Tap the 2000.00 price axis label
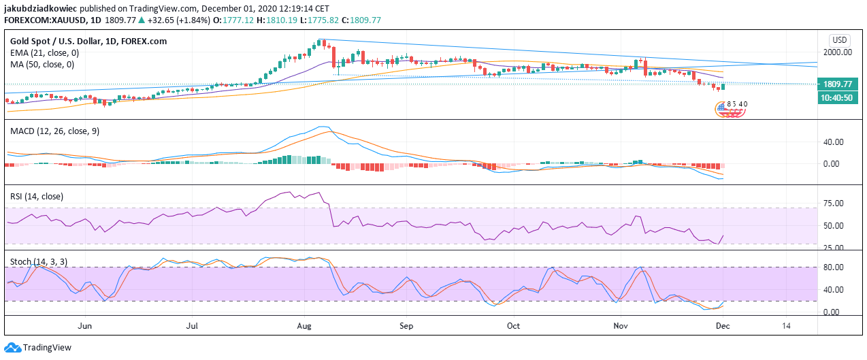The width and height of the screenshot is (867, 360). pos(838,52)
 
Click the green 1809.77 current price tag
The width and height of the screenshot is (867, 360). pos(837,84)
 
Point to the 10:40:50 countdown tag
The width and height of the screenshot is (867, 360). pos(837,98)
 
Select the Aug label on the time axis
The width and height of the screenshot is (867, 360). pos(304,325)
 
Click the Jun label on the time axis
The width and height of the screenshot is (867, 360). pos(85,325)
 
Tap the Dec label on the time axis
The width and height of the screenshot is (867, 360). pos(723,325)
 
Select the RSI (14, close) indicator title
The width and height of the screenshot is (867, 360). pos(37,196)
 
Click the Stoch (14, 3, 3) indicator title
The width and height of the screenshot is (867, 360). pos(38,261)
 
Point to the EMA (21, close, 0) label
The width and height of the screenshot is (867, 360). pos(44,52)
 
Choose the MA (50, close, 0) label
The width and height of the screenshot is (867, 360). pos(42,64)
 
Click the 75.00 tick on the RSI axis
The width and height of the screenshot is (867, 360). pos(834,203)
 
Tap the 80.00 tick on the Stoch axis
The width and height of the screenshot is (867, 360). pos(834,267)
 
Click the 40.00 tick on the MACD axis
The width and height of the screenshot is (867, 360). pos(834,142)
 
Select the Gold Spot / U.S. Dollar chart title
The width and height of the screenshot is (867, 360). pos(88,42)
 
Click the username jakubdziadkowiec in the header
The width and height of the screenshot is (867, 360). pos(43,8)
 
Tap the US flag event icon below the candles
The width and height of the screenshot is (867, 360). pos(721,108)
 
